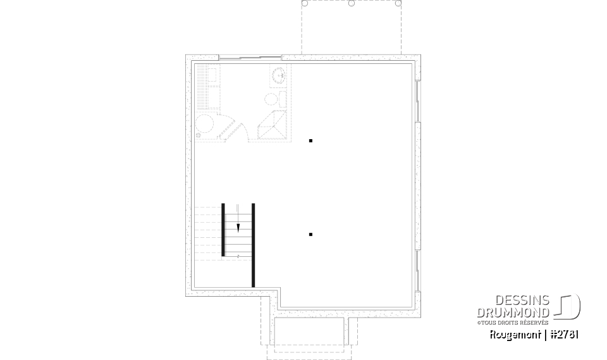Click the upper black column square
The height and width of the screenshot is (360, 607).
tap(310, 140)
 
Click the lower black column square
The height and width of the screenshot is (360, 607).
tap(310, 234)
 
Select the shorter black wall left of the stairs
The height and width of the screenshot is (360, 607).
tap(223, 229)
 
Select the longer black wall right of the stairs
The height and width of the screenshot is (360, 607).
tap(253, 245)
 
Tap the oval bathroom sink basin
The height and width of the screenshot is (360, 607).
tap(278, 77)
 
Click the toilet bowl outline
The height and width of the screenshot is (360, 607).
tap(270, 99)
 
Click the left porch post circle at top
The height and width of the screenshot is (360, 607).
tap(305, 3)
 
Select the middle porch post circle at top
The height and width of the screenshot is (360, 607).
tap(351, 3)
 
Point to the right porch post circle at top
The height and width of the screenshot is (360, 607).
tap(398, 3)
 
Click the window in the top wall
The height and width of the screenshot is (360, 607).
tap(250, 58)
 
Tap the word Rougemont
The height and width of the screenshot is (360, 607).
tap(515, 335)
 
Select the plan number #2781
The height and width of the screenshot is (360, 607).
tap(564, 335)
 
